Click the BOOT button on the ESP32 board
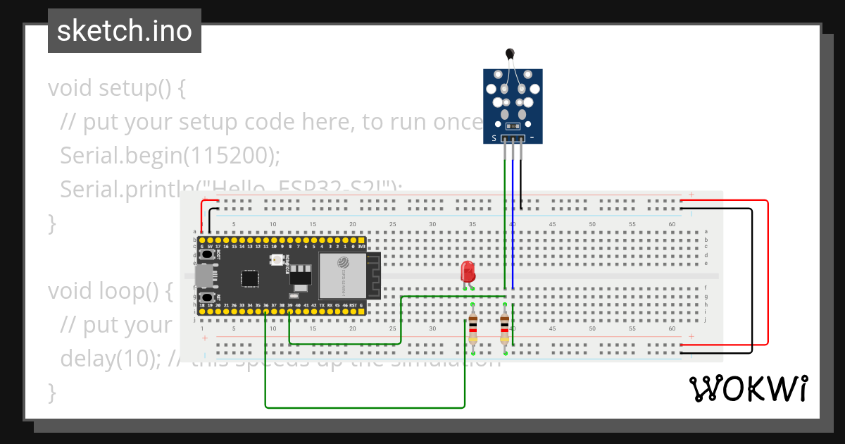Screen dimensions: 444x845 point(208,254)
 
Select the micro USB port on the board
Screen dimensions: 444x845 point(203,277)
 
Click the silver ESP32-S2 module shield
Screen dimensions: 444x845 point(342,275)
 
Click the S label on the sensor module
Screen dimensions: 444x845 point(494,137)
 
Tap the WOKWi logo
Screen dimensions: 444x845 point(748,389)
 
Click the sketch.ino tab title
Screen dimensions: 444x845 point(125,31)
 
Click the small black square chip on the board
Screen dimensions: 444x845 point(249,278)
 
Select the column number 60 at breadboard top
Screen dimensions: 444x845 point(672,224)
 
